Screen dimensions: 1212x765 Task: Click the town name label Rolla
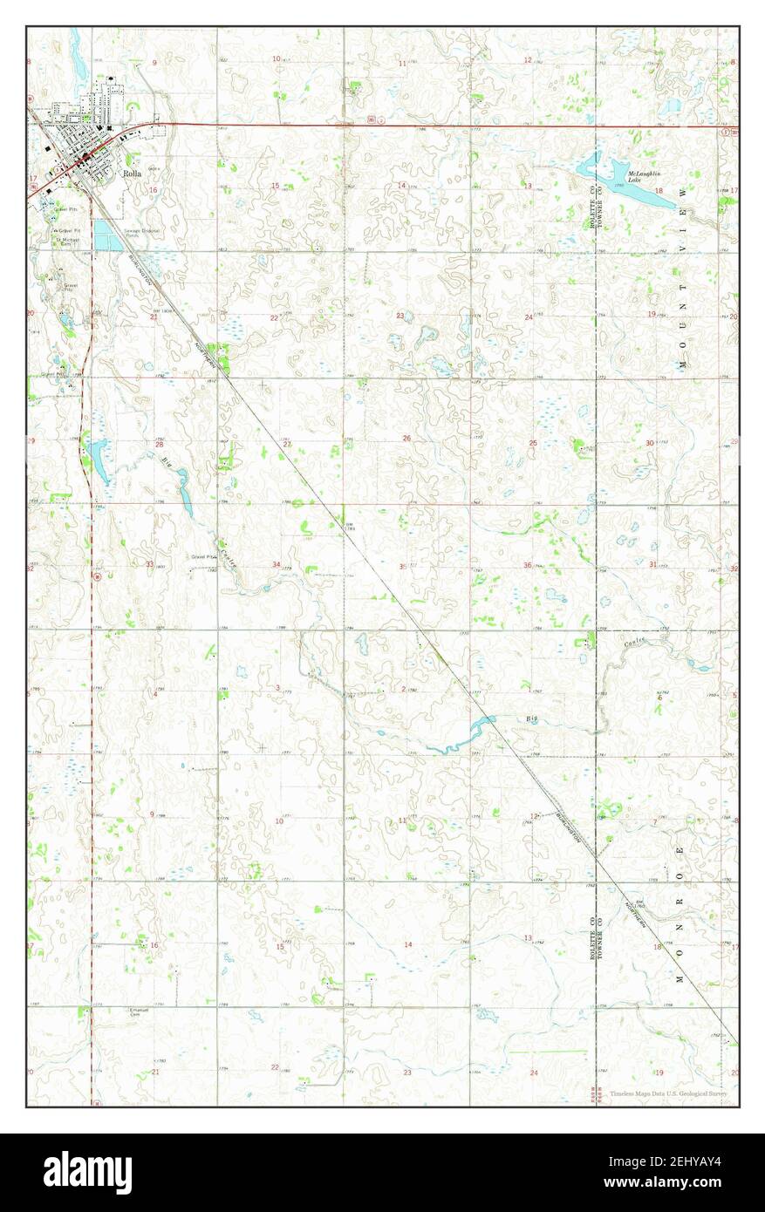tap(131, 174)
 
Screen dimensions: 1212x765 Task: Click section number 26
tap(406, 438)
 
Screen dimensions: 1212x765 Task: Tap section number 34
tap(276, 565)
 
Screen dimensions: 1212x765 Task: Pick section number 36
tap(528, 566)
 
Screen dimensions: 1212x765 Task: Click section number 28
tap(160, 445)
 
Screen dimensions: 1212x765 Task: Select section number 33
tap(150, 565)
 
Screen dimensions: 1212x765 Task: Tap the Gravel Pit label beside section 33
tap(203, 556)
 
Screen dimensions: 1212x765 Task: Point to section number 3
tap(277, 688)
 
